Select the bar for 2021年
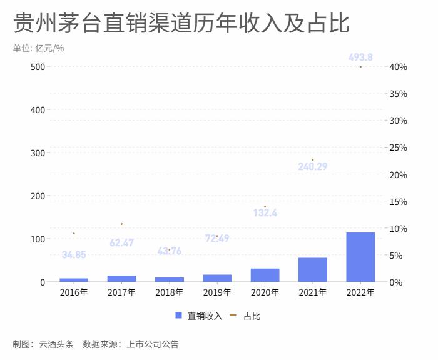[313, 270]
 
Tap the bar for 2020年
[265, 276]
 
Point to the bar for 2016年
[74, 280]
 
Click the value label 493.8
[360, 57]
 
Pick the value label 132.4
[265, 213]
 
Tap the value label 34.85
[74, 254]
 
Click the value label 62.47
[121, 242]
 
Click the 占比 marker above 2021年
[313, 159]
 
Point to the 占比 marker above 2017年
[121, 224]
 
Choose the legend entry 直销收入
[198, 316]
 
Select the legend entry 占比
[245, 316]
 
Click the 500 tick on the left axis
[38, 67]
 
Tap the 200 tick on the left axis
[38, 196]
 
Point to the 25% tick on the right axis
[398, 147]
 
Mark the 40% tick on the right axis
[398, 67]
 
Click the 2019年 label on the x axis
[217, 292]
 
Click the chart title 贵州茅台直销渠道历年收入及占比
[181, 24]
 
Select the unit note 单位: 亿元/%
[38, 48]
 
